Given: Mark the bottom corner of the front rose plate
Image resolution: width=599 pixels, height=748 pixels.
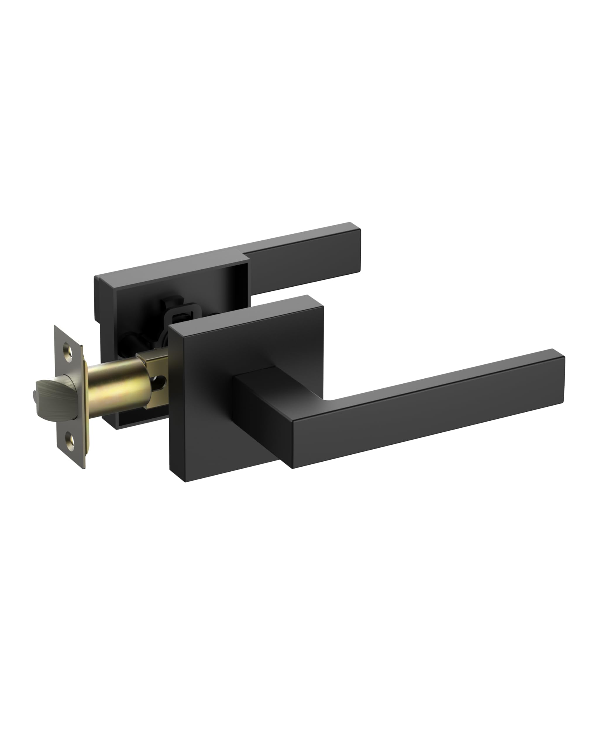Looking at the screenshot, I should point(185,482).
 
